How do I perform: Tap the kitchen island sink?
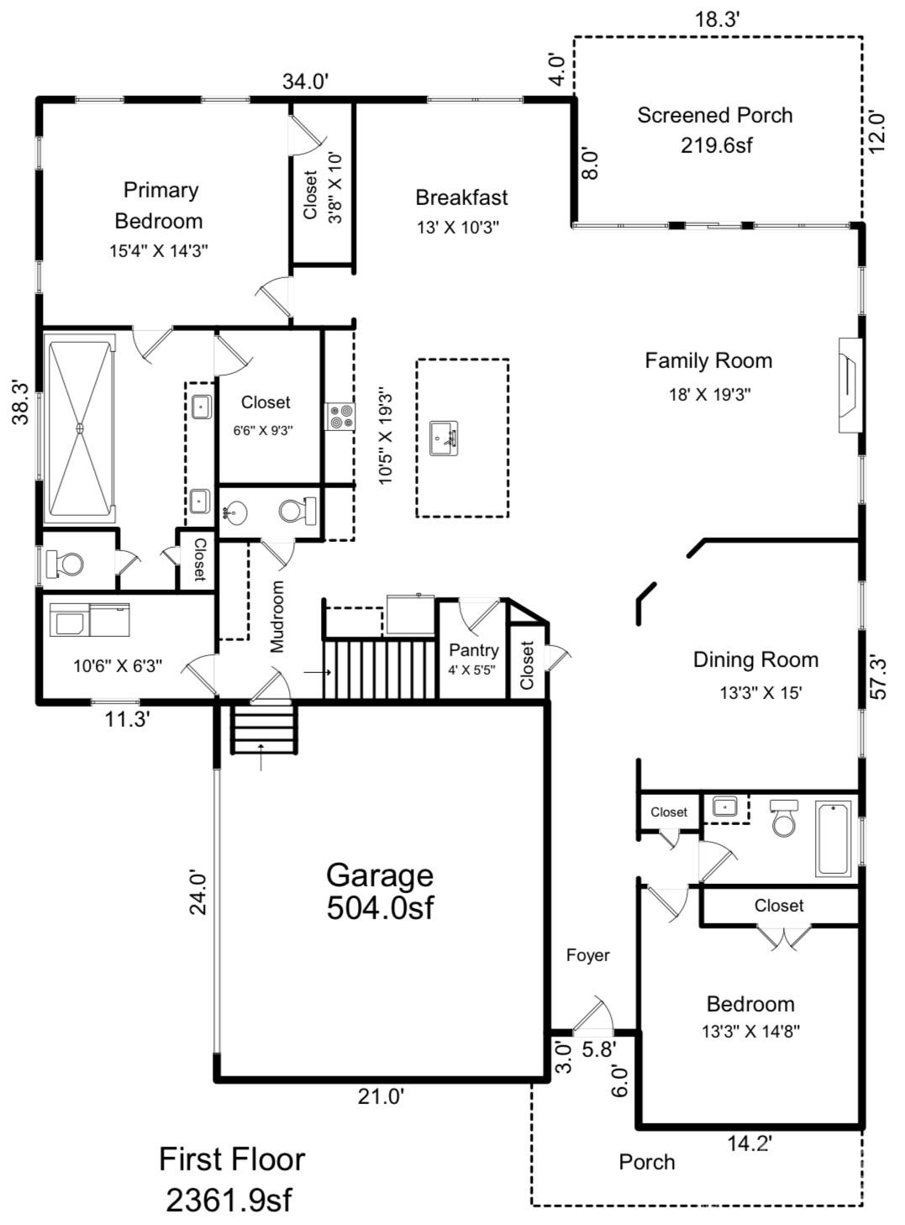[x=444, y=438]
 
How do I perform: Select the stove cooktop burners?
[x=339, y=417]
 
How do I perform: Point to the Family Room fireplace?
[x=849, y=385]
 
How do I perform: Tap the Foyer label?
[x=588, y=955]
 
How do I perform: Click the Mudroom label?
[x=276, y=617]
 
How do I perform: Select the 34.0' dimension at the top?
[x=306, y=81]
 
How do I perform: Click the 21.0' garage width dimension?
[x=381, y=1096]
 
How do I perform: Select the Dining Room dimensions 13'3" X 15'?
[x=760, y=692]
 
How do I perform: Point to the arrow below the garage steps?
[x=261, y=756]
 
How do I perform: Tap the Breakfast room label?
[x=461, y=197]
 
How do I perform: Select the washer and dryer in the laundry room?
[x=90, y=620]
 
